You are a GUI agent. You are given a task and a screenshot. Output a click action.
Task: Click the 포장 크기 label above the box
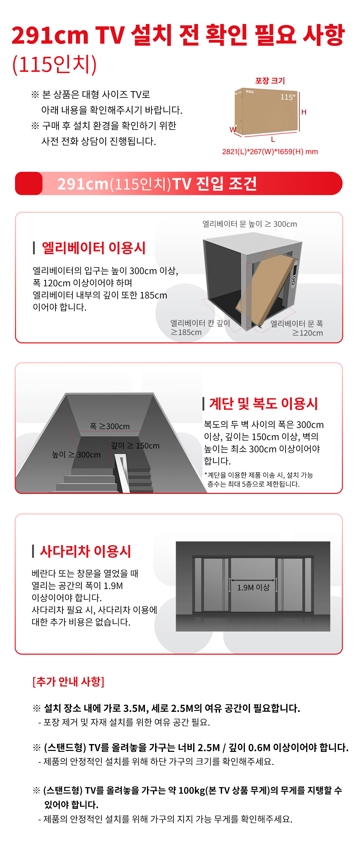(270, 81)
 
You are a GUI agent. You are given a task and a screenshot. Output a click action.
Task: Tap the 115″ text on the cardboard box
(287, 97)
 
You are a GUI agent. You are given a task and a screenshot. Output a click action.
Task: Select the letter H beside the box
(304, 112)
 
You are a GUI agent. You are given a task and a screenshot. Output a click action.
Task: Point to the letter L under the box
(273, 139)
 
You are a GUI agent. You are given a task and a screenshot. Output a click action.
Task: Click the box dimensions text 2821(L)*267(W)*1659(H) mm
(270, 152)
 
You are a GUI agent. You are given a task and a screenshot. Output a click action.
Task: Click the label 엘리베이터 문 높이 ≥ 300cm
(250, 224)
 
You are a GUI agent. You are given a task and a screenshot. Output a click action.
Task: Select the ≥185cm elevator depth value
(186, 332)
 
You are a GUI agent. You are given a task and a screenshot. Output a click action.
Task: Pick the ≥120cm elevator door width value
(307, 333)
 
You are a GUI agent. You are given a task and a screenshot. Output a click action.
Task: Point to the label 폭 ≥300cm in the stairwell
(110, 426)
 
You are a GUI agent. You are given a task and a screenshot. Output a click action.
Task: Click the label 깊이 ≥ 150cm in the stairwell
(135, 446)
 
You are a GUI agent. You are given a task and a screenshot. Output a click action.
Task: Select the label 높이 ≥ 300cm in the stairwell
(76, 455)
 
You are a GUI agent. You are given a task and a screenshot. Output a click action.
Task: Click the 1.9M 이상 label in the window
(253, 587)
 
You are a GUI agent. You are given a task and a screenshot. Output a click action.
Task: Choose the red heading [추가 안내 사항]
(68, 681)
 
